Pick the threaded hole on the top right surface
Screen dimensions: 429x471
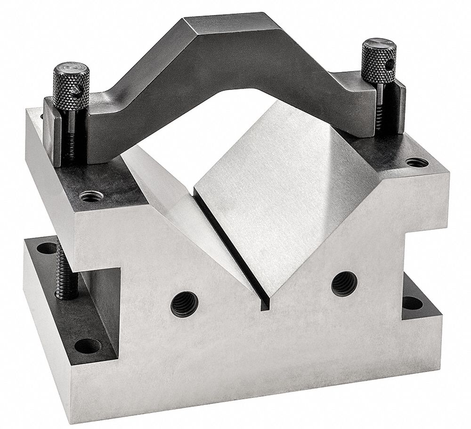(417, 163)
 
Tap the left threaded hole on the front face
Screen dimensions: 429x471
(184, 304)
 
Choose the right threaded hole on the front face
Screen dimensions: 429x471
(344, 283)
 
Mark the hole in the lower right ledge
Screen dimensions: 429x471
(412, 303)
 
